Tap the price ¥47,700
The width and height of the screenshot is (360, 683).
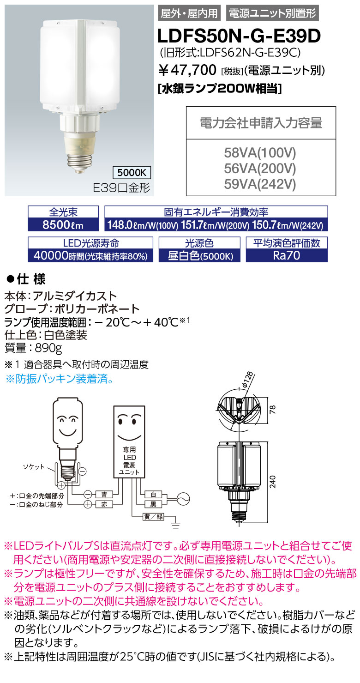187,70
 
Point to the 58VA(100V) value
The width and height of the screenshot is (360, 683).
261,153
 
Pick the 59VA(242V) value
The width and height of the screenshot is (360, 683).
261,184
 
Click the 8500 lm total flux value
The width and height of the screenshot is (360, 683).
64,225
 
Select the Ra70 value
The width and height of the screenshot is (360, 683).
287,256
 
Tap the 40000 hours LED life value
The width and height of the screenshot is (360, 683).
90,256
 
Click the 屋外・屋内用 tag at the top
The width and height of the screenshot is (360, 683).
190,13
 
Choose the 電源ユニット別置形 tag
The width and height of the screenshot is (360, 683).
272,13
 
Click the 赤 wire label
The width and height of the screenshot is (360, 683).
103,505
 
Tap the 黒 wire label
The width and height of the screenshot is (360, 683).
153,505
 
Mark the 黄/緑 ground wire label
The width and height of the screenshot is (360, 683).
153,516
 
